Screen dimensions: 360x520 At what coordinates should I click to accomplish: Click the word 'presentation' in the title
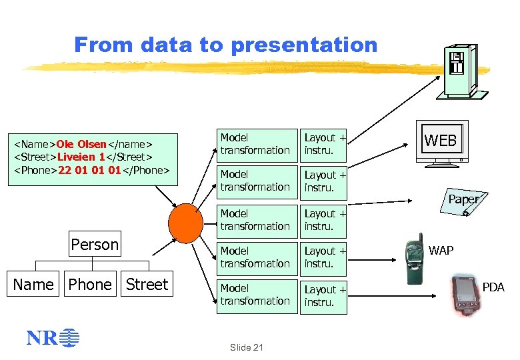coord(303,45)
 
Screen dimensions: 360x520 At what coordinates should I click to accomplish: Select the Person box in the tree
coord(95,245)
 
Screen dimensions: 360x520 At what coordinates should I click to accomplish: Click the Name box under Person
coord(33,285)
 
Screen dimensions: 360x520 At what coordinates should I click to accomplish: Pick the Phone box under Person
coord(90,285)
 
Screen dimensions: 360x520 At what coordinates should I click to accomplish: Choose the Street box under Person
coord(147,285)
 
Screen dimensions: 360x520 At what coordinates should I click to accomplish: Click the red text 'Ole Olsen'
coord(81,144)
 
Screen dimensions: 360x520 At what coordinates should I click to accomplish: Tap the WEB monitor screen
coord(441,141)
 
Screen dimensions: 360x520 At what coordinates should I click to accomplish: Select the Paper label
coord(463,199)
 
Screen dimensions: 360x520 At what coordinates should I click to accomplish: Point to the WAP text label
coord(441,251)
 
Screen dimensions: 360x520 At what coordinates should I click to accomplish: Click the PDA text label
coord(493,287)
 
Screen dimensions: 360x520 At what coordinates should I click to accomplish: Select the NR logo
coord(52,339)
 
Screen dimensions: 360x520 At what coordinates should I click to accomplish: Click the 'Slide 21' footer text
coord(246,347)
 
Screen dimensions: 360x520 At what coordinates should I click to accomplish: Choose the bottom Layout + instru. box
coord(325,295)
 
